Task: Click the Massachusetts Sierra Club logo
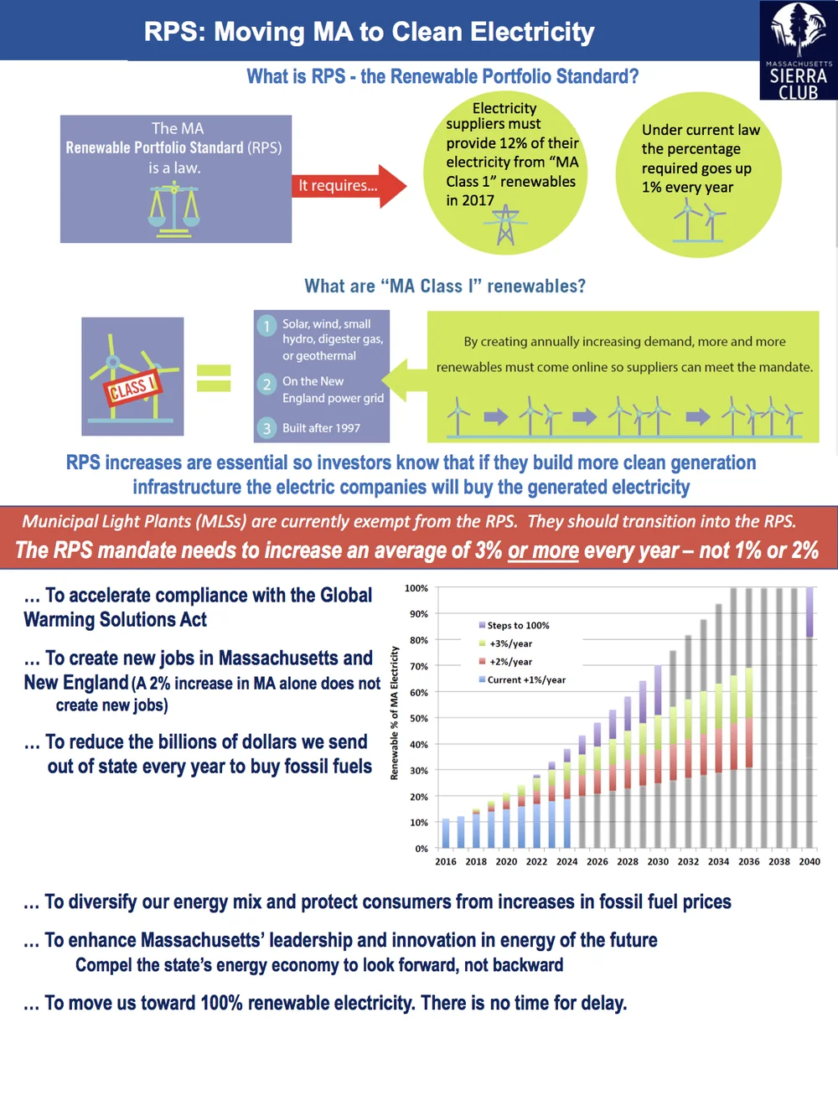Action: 798,50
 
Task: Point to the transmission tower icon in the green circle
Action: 505,225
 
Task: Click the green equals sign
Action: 214,378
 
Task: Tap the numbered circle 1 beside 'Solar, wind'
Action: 266,325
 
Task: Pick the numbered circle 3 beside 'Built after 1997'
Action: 266,428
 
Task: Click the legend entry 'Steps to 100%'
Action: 518,625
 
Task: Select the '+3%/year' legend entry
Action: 510,643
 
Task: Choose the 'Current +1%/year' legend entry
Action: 525,679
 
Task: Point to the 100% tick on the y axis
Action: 416,588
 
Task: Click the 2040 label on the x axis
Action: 810,861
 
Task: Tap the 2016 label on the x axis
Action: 446,861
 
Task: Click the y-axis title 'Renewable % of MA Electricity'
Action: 394,713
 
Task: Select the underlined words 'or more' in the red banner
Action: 543,550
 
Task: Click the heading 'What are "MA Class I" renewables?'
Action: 445,287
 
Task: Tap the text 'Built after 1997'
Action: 321,428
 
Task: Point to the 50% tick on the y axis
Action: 418,718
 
